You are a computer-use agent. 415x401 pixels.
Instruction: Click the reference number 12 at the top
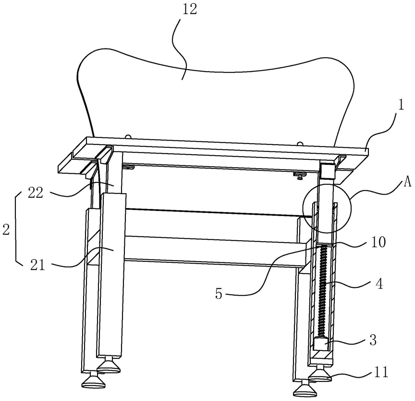pyautogui.click(x=190, y=10)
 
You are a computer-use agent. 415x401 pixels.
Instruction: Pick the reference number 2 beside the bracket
pyautogui.click(x=6, y=229)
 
